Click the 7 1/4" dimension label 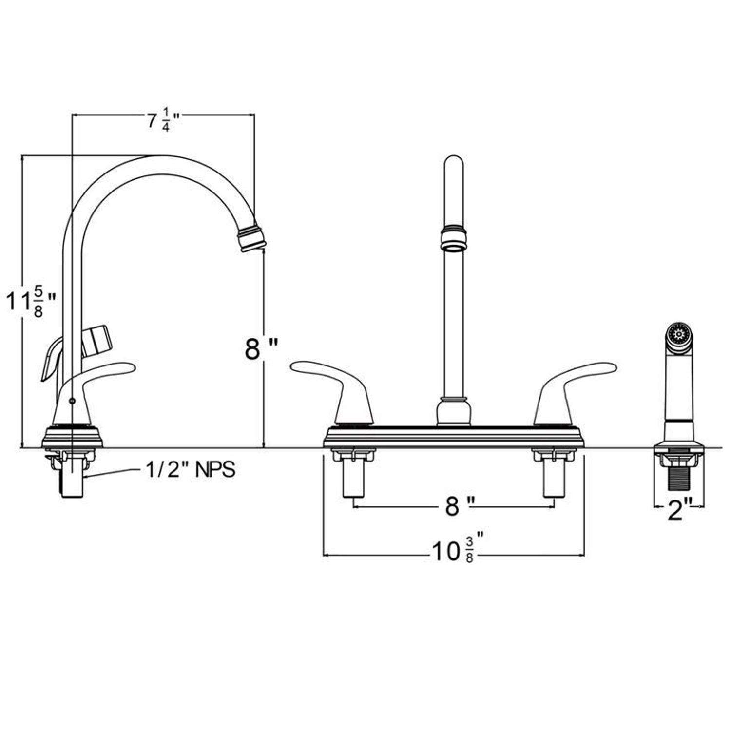(164, 121)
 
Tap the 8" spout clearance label (261, 349)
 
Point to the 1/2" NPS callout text (191, 470)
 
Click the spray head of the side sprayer (678, 336)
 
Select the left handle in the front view (336, 385)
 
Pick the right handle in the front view (570, 385)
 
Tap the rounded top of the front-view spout (454, 163)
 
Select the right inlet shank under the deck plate (554, 480)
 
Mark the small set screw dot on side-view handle (72, 400)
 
